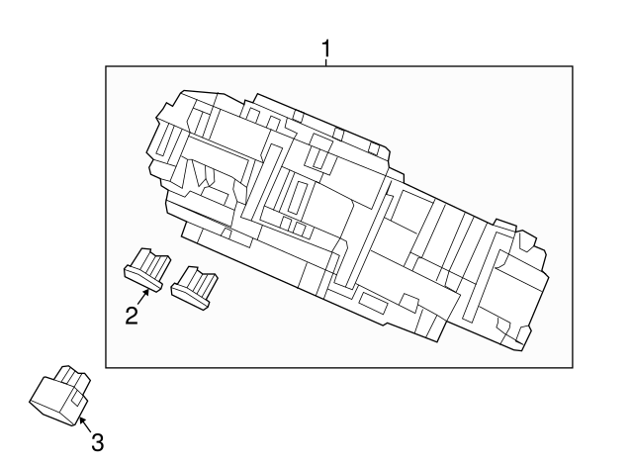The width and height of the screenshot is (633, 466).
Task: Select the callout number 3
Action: (96, 441)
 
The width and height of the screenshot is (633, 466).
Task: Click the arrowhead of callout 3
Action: (79, 419)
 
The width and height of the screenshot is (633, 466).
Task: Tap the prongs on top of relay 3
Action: (71, 376)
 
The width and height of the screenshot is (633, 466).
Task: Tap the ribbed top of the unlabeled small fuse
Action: (202, 279)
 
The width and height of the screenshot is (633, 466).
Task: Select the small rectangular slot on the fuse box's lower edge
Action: (376, 302)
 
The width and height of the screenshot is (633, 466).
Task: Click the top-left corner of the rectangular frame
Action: (107, 66)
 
